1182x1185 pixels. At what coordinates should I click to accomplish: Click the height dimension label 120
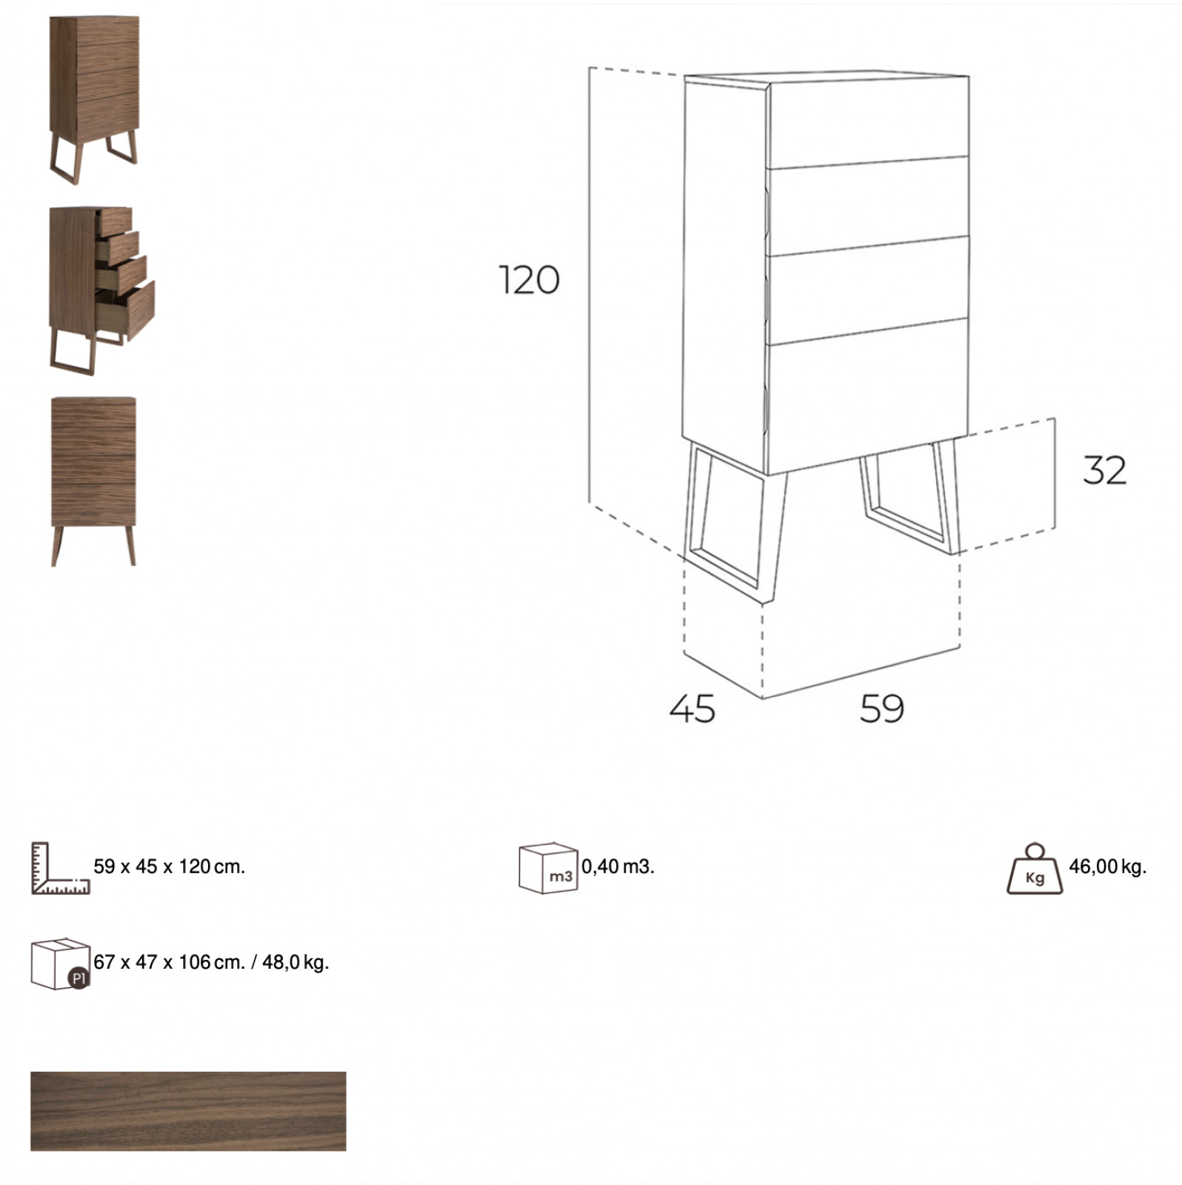(x=529, y=280)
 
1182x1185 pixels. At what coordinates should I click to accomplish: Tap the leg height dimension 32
(x=1104, y=470)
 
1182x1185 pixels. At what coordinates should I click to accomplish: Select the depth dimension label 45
(x=692, y=708)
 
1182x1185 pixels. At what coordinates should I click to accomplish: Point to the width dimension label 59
(x=881, y=708)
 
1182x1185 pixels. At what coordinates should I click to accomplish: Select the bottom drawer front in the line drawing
(x=868, y=396)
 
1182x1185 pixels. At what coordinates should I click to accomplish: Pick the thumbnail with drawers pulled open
(x=101, y=290)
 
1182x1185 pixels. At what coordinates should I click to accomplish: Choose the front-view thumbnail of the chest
(x=93, y=481)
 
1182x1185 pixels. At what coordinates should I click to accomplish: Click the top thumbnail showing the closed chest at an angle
(x=94, y=100)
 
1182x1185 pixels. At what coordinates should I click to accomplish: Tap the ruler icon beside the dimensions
(x=60, y=868)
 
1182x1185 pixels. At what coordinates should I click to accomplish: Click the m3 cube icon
(x=548, y=867)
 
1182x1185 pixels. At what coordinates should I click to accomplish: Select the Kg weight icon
(x=1035, y=868)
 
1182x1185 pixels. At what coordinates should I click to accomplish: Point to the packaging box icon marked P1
(x=60, y=964)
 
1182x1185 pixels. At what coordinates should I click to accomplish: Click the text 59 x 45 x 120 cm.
(x=169, y=867)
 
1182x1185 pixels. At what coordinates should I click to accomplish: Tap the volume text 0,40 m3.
(x=618, y=867)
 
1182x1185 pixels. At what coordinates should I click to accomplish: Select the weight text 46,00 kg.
(x=1107, y=867)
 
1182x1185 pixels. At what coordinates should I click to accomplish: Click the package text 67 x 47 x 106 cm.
(x=169, y=962)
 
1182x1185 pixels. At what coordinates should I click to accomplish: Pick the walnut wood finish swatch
(x=188, y=1111)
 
